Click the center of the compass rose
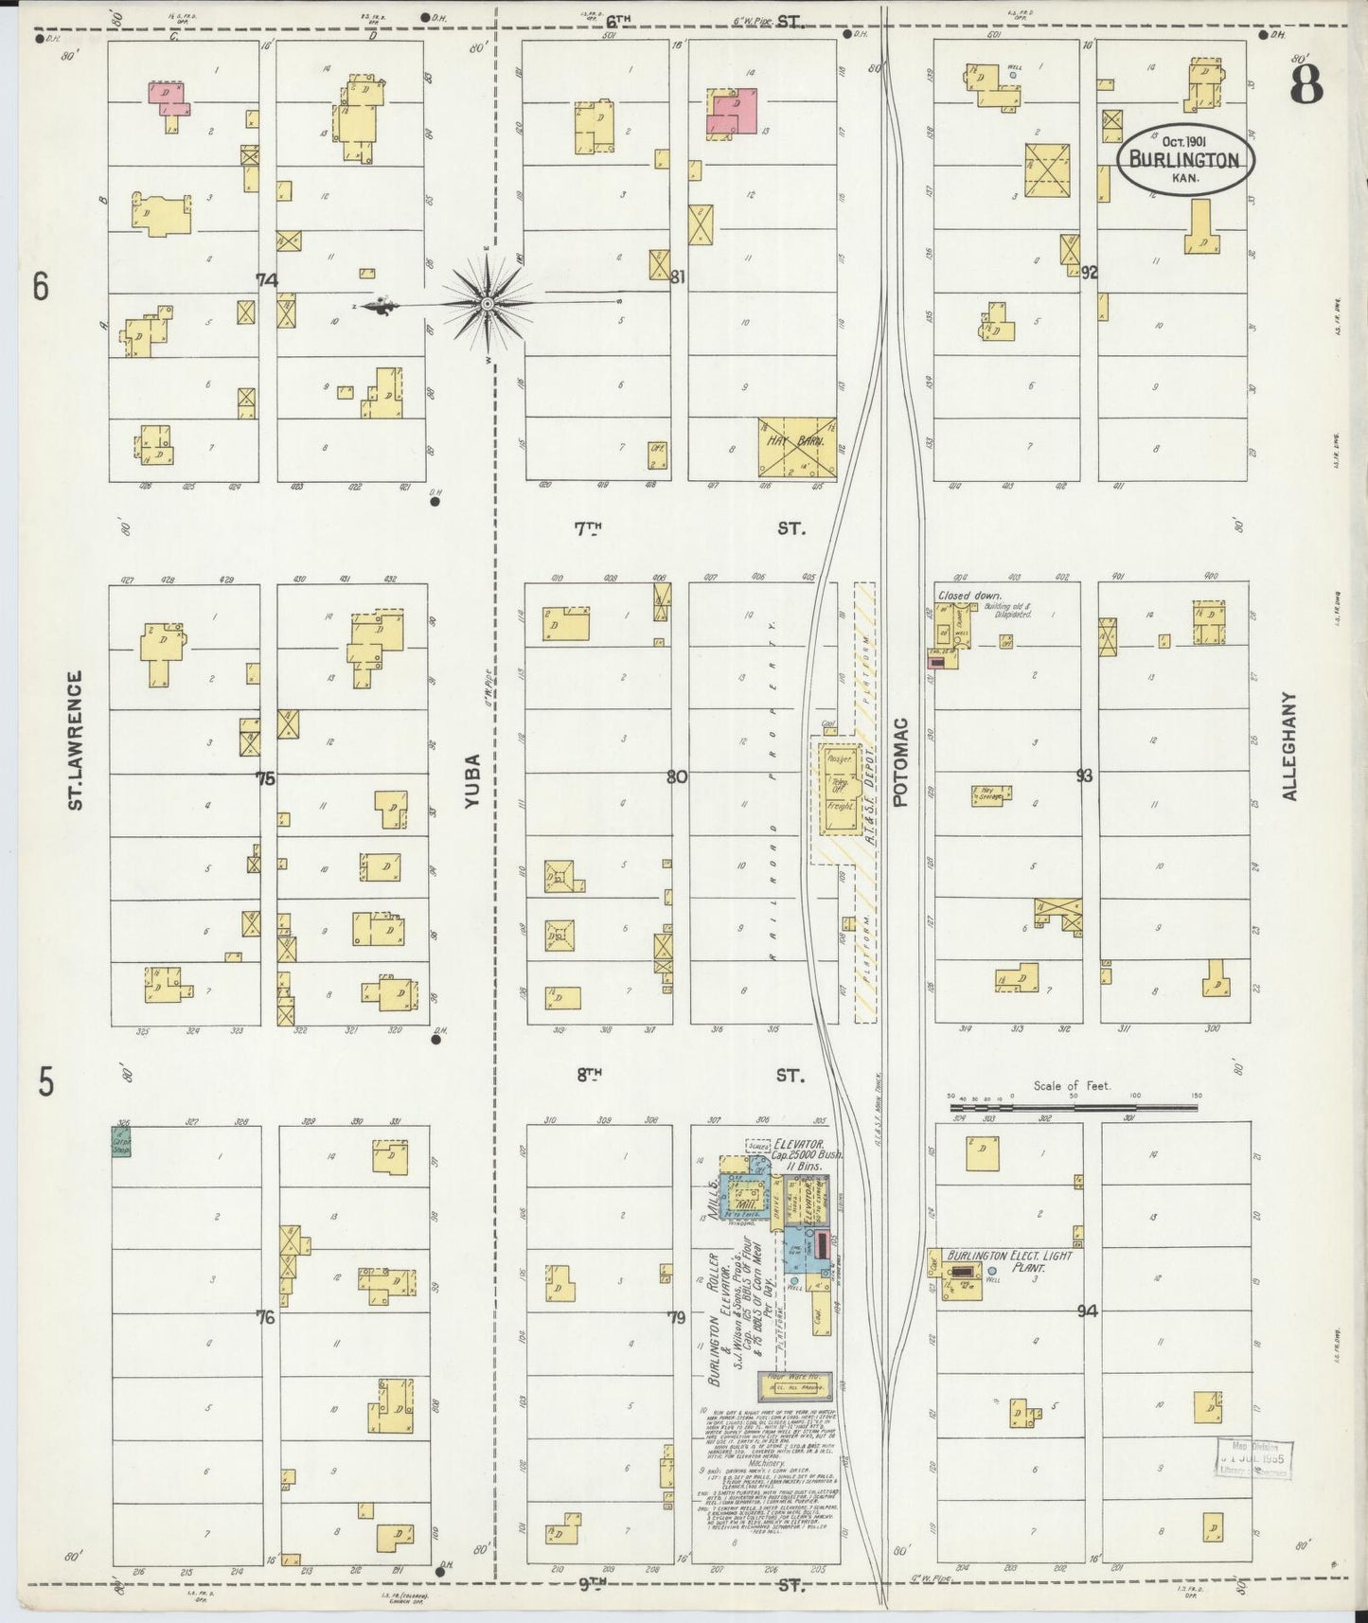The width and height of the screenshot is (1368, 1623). pyautogui.click(x=487, y=303)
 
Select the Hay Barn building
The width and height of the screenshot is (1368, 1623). pyautogui.click(x=796, y=446)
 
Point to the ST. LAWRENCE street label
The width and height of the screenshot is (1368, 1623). pyautogui.click(x=76, y=740)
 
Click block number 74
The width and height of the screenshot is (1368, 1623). pyautogui.click(x=267, y=279)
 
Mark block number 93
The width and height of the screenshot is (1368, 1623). pyautogui.click(x=1085, y=776)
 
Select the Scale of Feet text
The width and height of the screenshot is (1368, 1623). pyautogui.click(x=1072, y=1086)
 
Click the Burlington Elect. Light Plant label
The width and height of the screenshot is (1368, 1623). pyautogui.click(x=1004, y=1259)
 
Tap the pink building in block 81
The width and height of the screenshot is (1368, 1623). pyautogui.click(x=735, y=113)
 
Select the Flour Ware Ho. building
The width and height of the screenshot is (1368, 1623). pyautogui.click(x=793, y=1385)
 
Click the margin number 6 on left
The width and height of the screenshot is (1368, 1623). pyautogui.click(x=39, y=285)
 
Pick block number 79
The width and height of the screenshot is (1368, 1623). pyautogui.click(x=675, y=1317)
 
